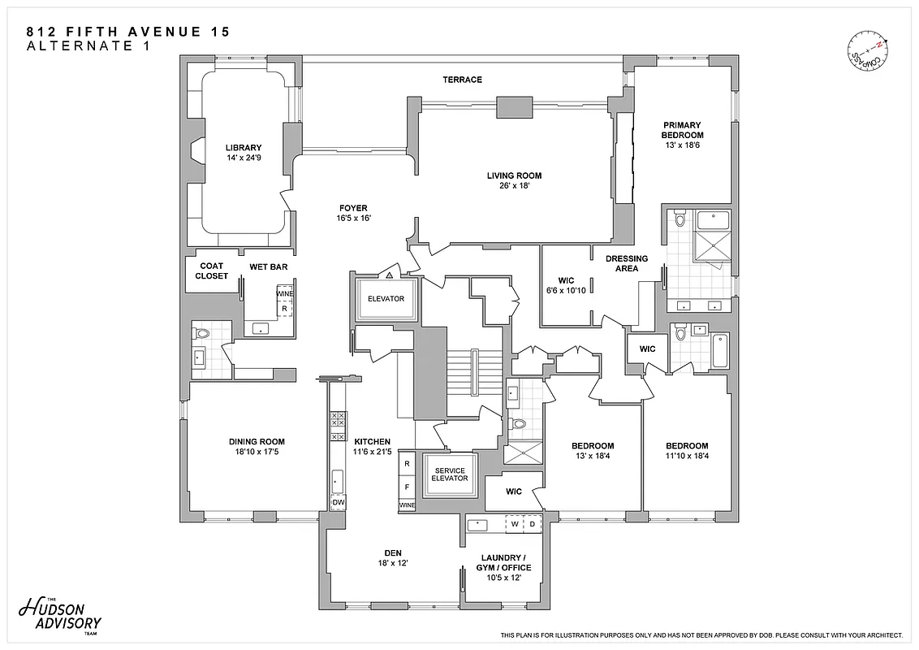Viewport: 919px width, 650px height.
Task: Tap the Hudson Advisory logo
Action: pos(60,617)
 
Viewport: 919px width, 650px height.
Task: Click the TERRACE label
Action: pos(462,80)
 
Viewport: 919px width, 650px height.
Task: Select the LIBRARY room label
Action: pos(244,148)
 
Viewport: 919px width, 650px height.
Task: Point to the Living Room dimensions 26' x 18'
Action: pos(514,186)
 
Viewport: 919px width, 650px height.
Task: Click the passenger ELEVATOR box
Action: pos(386,299)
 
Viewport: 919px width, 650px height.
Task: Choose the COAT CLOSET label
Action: pos(211,271)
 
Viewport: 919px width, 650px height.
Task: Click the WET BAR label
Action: pos(268,266)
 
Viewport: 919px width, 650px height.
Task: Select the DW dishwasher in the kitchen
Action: pos(338,503)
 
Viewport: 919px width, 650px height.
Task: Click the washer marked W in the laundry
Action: pos(516,525)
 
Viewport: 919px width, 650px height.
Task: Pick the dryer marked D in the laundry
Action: pos(533,525)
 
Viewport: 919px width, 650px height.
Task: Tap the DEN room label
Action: pos(393,553)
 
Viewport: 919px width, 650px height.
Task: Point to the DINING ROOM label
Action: pos(257,442)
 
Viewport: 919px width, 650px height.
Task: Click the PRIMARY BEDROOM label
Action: pos(682,130)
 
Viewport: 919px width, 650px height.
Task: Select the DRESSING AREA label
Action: pos(627,263)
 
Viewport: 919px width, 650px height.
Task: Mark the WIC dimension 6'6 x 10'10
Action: pos(567,291)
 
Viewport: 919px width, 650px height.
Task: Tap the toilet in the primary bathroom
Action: pos(680,219)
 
